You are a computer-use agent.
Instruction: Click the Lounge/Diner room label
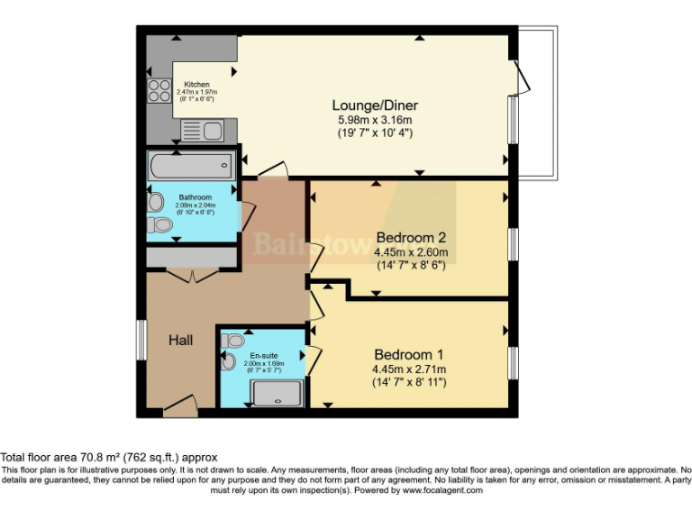click(378, 105)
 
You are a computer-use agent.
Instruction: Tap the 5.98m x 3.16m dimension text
click(375, 120)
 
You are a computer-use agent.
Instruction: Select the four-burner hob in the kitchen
click(159, 90)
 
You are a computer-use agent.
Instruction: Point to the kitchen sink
click(202, 132)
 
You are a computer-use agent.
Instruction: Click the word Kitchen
click(196, 85)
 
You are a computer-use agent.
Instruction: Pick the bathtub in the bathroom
click(190, 166)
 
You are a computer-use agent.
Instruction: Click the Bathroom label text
click(195, 197)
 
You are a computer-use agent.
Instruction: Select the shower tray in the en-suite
click(278, 394)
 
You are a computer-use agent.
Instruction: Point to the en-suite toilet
click(233, 341)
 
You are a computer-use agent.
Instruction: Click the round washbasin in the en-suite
click(227, 362)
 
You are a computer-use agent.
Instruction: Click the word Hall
click(181, 341)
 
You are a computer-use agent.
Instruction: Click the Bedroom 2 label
click(411, 238)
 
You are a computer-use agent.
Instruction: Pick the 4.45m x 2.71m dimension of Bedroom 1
click(409, 369)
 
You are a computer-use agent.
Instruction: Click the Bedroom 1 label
click(409, 354)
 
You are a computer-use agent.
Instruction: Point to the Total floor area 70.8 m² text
click(109, 458)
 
